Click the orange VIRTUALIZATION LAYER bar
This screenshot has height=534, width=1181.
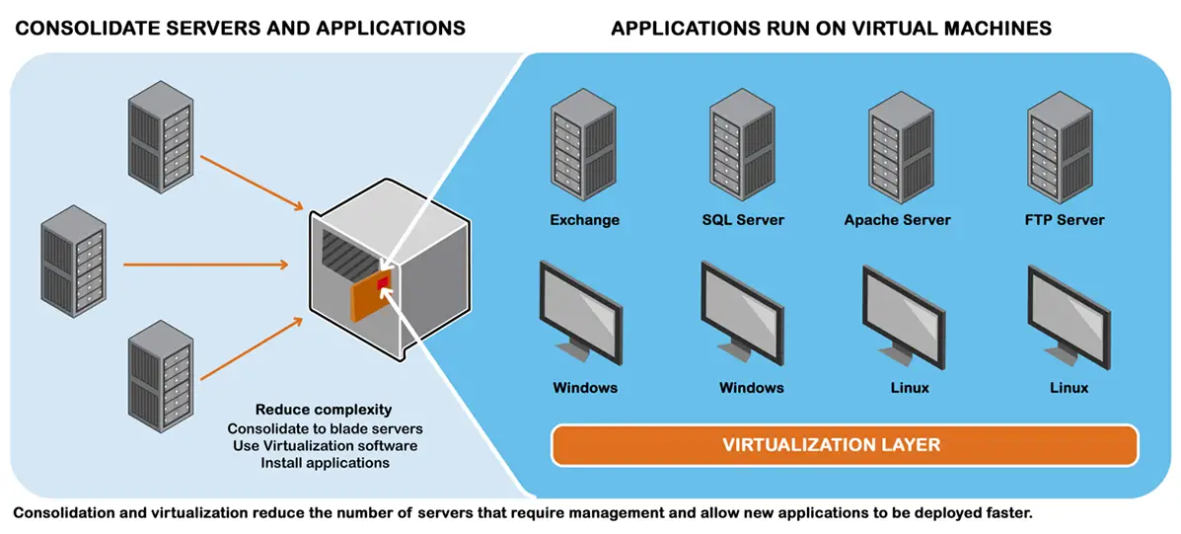coord(844,444)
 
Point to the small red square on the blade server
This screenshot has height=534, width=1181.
coord(383,282)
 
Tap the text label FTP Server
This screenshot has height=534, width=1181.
coord(1065,219)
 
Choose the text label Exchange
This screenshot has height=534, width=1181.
coord(584,219)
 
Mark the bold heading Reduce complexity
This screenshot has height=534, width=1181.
coord(324,410)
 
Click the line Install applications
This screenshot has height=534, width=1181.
coord(325,462)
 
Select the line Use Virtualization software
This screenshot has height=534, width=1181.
coord(324,445)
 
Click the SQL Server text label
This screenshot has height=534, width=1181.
coord(742,219)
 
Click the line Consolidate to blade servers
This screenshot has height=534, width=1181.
coord(324,428)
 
